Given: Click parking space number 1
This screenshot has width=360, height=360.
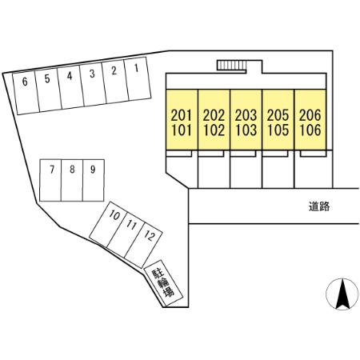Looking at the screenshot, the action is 138,78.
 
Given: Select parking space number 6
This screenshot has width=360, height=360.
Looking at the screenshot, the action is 26,93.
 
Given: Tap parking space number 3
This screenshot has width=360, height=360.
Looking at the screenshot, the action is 93,85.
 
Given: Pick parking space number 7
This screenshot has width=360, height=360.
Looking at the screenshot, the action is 50,180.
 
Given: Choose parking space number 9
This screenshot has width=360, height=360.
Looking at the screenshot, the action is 94,180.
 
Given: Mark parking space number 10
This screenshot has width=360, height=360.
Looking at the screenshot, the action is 107,225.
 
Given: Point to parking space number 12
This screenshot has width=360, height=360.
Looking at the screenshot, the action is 143,245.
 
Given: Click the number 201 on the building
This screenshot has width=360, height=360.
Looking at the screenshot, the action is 182,115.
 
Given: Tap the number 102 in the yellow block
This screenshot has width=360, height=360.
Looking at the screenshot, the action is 214,130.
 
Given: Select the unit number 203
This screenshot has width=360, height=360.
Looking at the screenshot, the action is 246,115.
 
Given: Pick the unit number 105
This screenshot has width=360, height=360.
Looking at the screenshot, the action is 278,130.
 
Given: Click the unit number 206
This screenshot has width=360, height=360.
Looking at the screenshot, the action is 310,115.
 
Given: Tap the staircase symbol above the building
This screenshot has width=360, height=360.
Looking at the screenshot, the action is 231,66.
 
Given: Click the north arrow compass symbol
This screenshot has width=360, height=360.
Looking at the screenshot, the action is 342,294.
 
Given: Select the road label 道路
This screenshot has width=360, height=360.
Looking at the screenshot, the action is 319,206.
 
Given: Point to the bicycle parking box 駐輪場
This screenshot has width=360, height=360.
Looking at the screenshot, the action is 163,283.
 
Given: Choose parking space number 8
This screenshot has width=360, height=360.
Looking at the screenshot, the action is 72,180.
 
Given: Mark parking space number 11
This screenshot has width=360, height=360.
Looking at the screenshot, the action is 126,235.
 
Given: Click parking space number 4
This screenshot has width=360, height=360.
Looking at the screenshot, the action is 70,87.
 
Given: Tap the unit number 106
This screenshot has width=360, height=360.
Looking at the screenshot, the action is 310,130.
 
